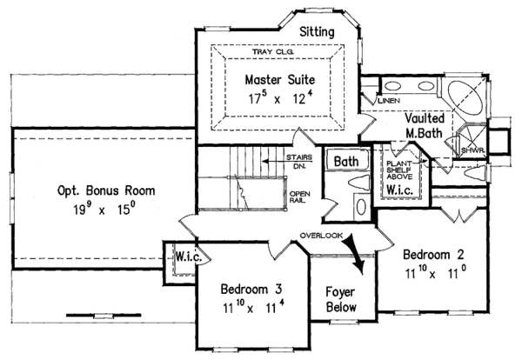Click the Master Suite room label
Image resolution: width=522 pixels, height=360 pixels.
(x=280, y=80)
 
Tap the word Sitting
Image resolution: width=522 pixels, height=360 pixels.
(x=317, y=32)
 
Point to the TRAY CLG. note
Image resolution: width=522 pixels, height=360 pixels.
(x=273, y=51)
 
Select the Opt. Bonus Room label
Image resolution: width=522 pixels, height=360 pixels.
(x=106, y=190)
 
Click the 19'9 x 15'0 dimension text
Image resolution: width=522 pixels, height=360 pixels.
(x=104, y=210)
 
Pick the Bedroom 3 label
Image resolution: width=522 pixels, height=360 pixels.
(x=251, y=289)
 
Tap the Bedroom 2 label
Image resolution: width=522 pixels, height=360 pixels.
(x=433, y=255)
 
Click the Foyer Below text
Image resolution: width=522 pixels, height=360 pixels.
(x=341, y=299)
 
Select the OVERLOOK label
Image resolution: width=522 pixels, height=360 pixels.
(x=321, y=236)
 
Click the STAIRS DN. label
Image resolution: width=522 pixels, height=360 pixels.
(x=299, y=162)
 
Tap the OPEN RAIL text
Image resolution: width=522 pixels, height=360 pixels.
(x=299, y=197)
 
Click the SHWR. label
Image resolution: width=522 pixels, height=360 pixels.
(x=472, y=150)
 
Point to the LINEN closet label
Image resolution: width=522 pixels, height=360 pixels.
(x=389, y=101)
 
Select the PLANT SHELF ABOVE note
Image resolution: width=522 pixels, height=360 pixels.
(x=399, y=170)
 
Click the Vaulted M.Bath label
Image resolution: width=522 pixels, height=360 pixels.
(x=425, y=125)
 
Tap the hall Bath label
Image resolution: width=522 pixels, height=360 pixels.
(x=346, y=162)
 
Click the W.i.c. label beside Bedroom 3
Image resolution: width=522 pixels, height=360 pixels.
(x=189, y=257)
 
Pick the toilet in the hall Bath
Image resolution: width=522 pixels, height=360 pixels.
(x=358, y=183)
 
